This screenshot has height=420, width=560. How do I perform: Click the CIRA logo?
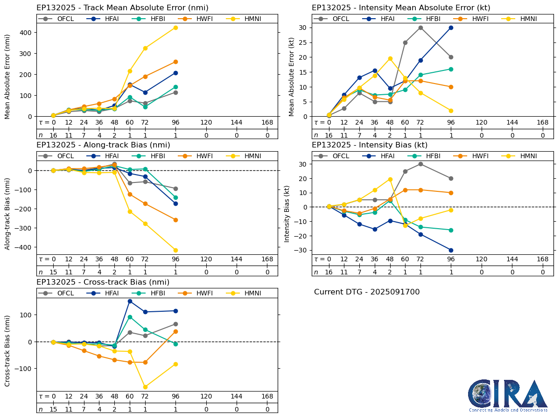[508, 396]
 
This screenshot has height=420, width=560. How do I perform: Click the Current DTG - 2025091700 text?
[367, 292]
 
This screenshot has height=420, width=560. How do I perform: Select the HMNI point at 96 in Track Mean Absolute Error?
[175, 28]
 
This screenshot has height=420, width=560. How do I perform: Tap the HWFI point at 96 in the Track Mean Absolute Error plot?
[175, 62]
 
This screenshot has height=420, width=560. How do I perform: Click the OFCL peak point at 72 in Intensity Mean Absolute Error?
[420, 28]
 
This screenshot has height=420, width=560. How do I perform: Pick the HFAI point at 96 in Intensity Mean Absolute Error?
[451, 28]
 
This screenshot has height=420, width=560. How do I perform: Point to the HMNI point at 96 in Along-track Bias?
[175, 250]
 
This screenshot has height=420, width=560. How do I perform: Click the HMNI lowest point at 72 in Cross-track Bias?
[145, 387]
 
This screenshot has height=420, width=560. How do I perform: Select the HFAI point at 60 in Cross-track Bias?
[130, 301]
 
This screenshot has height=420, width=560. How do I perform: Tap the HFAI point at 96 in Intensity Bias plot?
[451, 250]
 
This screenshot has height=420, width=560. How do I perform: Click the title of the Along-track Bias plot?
[103, 145]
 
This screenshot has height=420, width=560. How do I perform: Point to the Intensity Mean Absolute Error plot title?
[401, 8]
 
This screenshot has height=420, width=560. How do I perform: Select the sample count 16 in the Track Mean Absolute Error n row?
[53, 135]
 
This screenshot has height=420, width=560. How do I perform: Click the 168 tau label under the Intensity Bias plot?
[542, 259]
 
